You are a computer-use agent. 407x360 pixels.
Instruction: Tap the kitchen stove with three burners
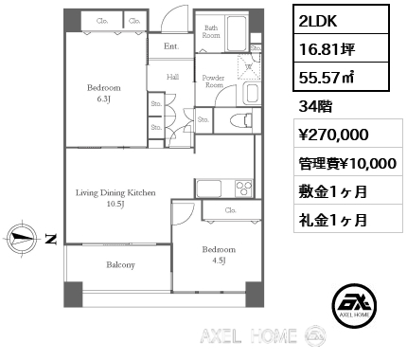pos(243,189)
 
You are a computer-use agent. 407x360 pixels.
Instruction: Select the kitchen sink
pos(209,189)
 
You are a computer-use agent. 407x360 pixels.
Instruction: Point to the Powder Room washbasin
pos(252,93)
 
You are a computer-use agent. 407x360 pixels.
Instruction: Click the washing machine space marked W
pos(249,66)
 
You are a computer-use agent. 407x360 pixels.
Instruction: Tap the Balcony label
pos(120,265)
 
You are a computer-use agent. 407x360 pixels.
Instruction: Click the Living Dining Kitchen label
pos(115,192)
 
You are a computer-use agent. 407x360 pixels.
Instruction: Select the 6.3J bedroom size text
pos(103,99)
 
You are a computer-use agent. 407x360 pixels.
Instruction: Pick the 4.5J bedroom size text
pos(219,261)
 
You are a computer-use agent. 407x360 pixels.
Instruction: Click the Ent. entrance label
pos(171,46)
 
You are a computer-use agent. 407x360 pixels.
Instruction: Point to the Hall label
pos(172,77)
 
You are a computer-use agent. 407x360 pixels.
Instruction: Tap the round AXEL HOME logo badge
pos(355,305)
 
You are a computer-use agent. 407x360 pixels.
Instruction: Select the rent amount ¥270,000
pos(334,134)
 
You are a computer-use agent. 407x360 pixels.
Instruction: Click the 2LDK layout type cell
pos(341,20)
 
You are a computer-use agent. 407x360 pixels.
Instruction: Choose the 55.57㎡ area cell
pos(341,77)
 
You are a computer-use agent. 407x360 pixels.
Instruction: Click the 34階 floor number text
pos(315,107)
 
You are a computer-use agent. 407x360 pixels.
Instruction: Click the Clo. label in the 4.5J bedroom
pos(231,210)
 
